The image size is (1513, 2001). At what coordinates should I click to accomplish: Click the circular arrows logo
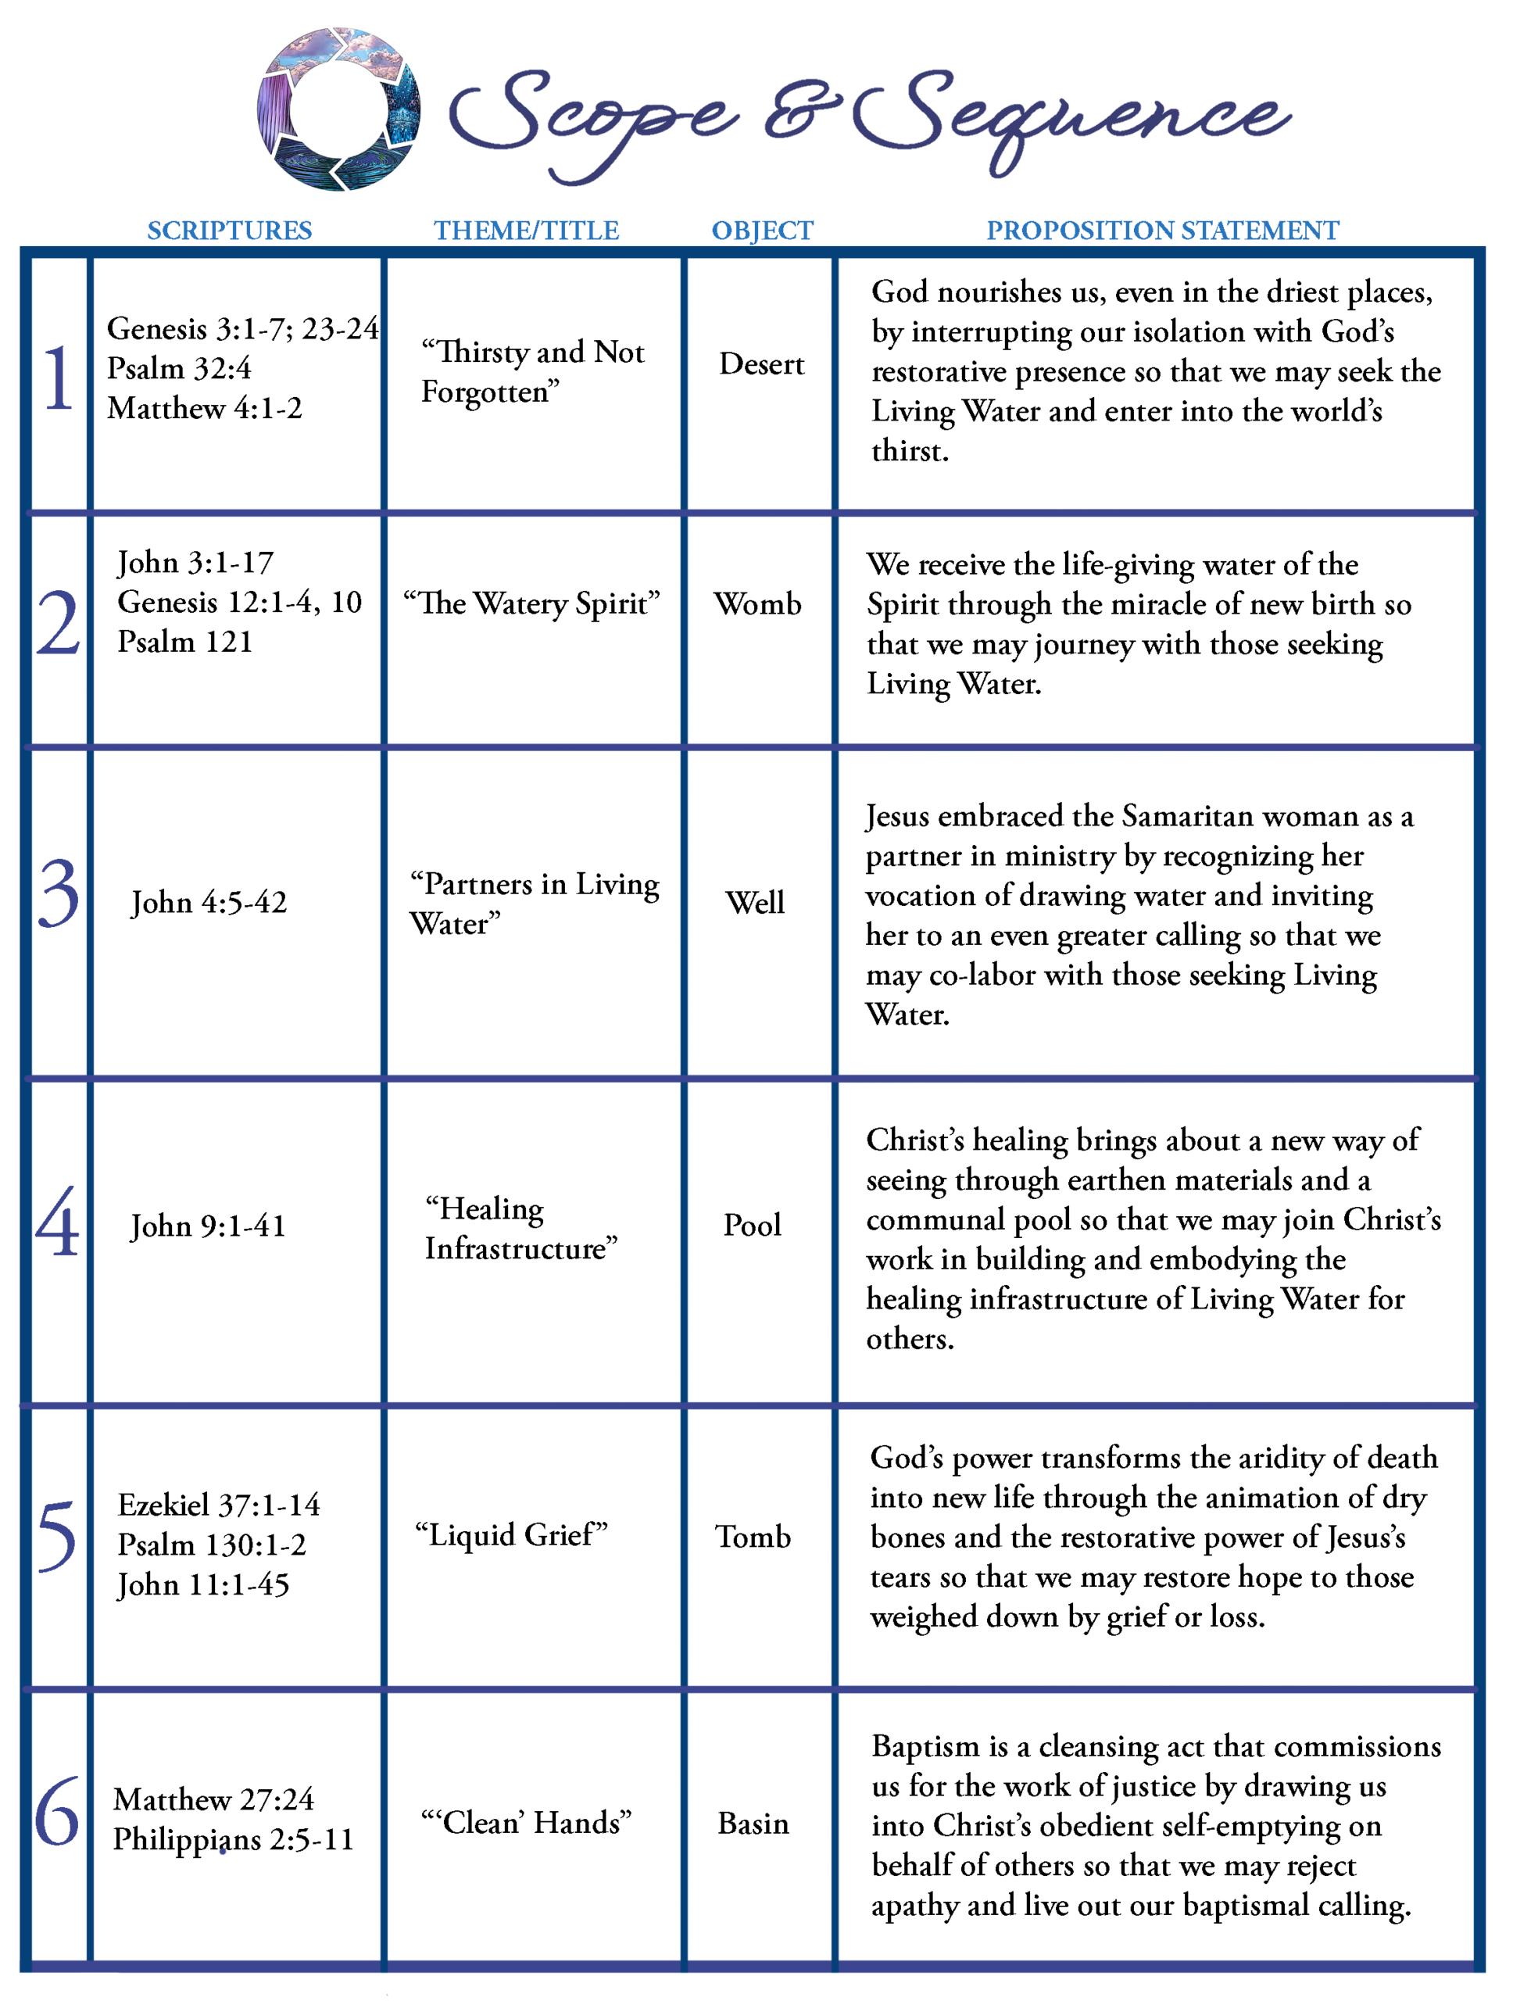click(x=338, y=109)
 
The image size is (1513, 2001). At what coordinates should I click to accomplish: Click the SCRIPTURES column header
click(x=229, y=231)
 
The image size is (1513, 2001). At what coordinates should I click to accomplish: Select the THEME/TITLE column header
click(x=526, y=231)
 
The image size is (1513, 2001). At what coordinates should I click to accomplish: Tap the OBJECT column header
click(x=763, y=231)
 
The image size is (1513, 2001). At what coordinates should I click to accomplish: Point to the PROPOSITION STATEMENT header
click(x=1162, y=231)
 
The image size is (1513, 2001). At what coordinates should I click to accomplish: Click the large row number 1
click(x=59, y=378)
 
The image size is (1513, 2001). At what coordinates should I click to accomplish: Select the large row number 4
click(x=58, y=1223)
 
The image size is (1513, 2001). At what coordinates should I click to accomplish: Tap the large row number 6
click(x=57, y=1812)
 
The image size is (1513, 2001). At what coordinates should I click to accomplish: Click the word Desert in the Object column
click(x=761, y=363)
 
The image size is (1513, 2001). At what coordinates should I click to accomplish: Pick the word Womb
click(x=758, y=603)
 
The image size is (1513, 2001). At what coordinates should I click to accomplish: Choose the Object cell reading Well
click(x=755, y=902)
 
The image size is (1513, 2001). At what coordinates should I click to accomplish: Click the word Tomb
click(x=753, y=1536)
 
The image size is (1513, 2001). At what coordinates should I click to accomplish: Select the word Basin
click(x=753, y=1823)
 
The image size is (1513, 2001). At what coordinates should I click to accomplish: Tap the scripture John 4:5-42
click(x=209, y=902)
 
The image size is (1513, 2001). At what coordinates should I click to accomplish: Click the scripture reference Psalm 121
click(x=184, y=642)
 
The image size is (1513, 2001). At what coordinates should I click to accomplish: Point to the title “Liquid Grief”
click(x=511, y=1534)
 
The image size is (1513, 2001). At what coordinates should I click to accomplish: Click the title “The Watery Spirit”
click(x=531, y=603)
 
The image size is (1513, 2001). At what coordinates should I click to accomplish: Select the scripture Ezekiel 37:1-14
click(x=219, y=1505)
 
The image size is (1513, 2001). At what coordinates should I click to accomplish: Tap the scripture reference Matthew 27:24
click(x=213, y=1799)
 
